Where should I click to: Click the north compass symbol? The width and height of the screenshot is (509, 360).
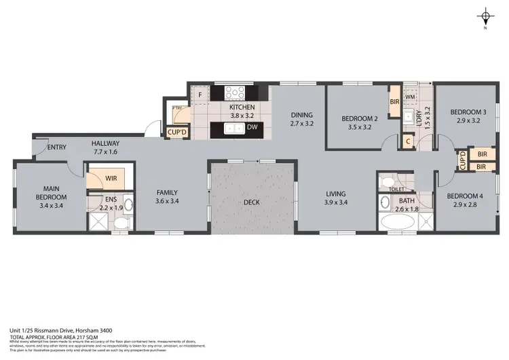pyautogui.click(x=485, y=18)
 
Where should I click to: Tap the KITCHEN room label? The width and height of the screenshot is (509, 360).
pyautogui.click(x=242, y=107)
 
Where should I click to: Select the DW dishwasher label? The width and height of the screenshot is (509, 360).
pyautogui.click(x=251, y=127)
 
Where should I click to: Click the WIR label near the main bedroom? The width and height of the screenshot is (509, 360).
pyautogui.click(x=111, y=178)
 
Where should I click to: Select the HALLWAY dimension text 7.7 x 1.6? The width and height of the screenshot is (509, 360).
pyautogui.click(x=105, y=152)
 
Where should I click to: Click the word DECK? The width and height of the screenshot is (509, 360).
pyautogui.click(x=252, y=202)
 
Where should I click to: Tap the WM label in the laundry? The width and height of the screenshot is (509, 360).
pyautogui.click(x=410, y=97)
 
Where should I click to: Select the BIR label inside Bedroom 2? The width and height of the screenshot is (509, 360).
pyautogui.click(x=394, y=103)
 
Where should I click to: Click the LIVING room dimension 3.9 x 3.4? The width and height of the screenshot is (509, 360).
pyautogui.click(x=335, y=202)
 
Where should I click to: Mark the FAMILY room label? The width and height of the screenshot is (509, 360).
pyautogui.click(x=166, y=192)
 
